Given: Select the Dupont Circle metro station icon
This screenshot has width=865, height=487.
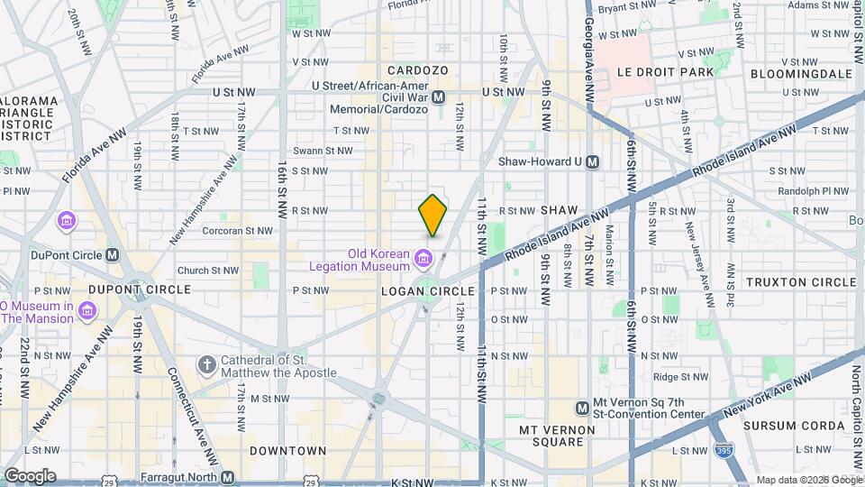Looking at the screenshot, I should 112,254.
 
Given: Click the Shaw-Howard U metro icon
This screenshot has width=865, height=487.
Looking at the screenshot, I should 592,161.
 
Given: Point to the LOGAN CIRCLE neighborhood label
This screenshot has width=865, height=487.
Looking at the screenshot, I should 427,291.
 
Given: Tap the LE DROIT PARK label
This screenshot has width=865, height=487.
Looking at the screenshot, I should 665,72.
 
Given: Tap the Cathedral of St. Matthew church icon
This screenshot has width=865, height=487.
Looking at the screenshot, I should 207,365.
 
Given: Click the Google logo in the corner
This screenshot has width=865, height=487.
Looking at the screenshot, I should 30,475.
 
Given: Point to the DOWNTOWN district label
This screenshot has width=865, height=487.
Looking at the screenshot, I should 288,450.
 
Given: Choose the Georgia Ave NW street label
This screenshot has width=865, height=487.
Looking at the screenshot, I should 588,54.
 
